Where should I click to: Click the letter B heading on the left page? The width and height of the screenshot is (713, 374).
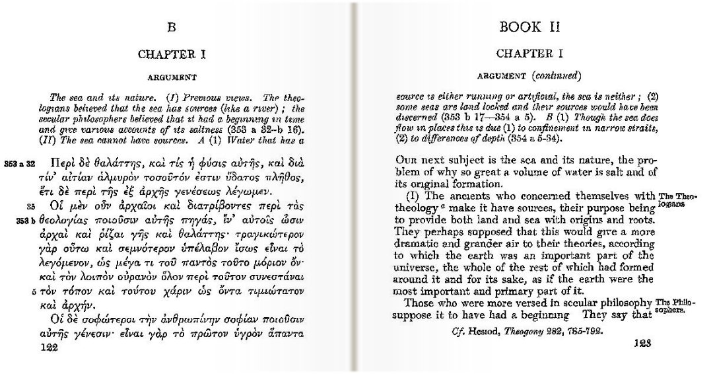tap(172, 28)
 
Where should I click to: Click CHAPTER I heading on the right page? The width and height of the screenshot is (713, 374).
tap(529, 53)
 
